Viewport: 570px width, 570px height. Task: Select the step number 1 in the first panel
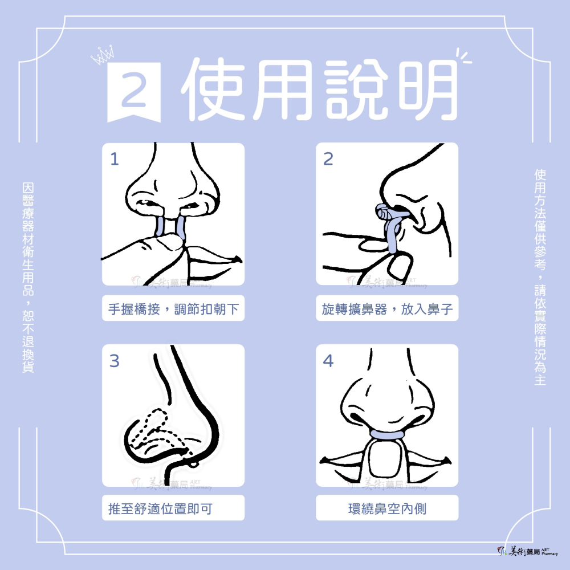point(115,159)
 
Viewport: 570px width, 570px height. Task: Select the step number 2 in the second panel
point(328,159)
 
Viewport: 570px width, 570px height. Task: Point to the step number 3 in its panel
point(115,361)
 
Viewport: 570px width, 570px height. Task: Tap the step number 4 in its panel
point(328,361)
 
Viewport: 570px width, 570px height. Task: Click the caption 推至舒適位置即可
point(160,507)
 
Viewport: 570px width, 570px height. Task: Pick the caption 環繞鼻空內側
point(387,507)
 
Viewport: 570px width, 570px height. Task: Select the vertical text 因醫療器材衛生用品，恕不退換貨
point(27,278)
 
